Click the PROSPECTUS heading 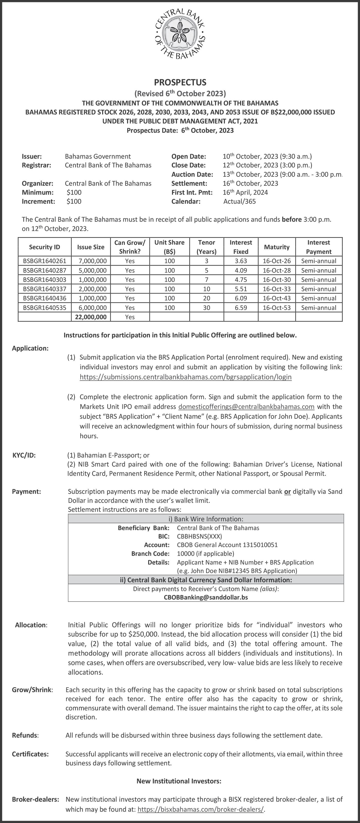180,82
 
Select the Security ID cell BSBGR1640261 44,261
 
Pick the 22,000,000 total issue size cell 91,317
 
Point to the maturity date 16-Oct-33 277,289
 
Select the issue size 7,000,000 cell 91,261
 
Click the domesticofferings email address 246,407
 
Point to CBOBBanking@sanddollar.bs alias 206,597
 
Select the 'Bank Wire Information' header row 206,519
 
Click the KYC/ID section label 24,455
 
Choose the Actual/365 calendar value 240,202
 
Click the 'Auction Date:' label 192,174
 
